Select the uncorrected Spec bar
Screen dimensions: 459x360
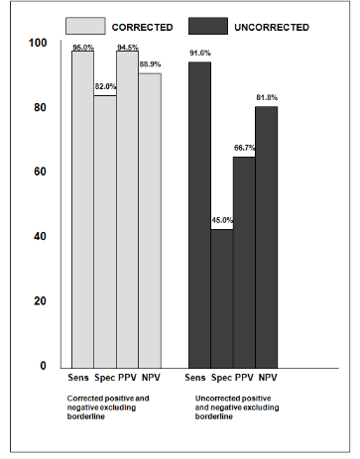(223, 297)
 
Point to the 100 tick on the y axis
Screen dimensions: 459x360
(38, 43)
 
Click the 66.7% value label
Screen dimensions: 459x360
(245, 147)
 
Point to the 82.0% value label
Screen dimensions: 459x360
(106, 87)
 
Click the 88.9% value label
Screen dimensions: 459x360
(150, 63)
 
